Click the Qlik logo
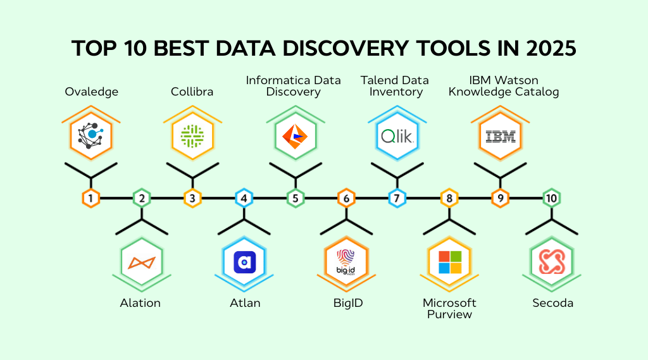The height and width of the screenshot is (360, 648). click(x=397, y=135)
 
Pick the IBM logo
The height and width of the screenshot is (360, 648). click(x=500, y=135)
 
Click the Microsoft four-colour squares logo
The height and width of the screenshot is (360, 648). click(x=449, y=262)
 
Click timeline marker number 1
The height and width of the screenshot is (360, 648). click(x=91, y=198)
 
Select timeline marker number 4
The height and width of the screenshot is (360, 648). click(x=244, y=198)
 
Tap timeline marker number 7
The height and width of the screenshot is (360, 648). click(x=397, y=198)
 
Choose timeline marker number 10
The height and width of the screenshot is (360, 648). click(x=551, y=198)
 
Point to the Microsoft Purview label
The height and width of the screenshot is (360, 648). click(x=449, y=309)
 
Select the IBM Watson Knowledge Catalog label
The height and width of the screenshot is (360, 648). click(x=504, y=86)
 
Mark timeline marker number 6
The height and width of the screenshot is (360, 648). click(x=346, y=198)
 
